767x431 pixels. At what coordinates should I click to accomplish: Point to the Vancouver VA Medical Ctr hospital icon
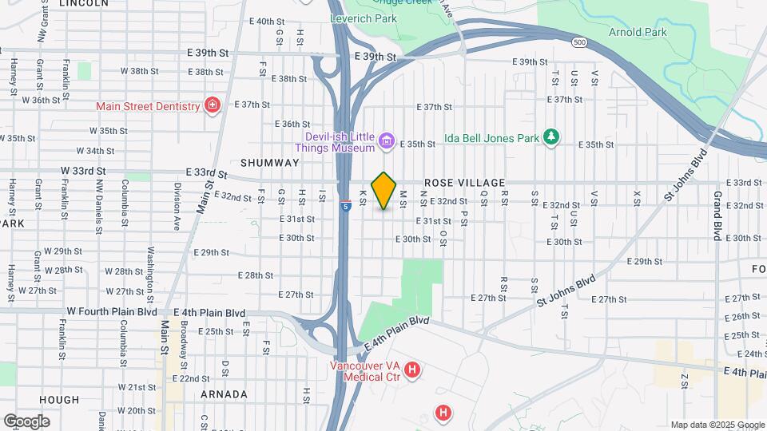(412, 370)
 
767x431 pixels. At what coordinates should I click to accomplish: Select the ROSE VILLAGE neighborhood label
(464, 183)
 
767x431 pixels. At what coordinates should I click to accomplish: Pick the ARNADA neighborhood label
(223, 394)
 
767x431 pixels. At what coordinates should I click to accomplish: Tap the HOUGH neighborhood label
(59, 400)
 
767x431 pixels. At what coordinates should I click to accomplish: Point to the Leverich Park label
(354, 17)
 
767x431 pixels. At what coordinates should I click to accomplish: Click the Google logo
(26, 421)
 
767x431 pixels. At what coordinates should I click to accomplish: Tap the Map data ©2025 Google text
(717, 425)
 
